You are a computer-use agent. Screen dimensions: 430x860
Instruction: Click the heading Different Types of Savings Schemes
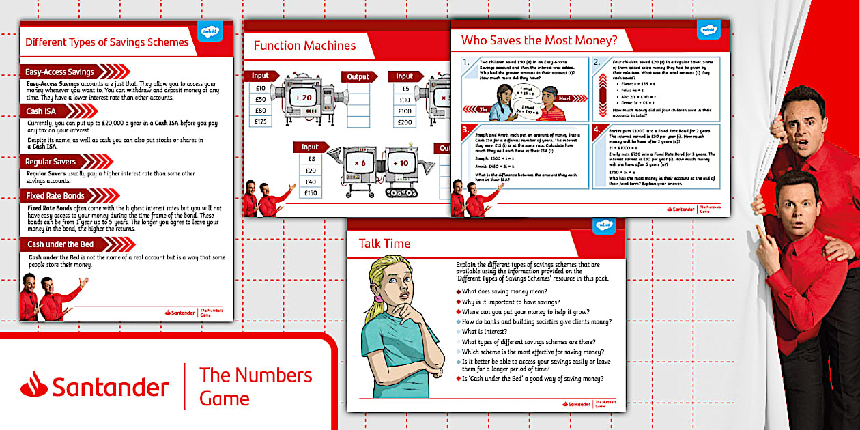(x=106, y=42)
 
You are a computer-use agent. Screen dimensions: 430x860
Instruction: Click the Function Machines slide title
(x=304, y=46)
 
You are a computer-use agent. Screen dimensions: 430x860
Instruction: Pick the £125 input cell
(x=261, y=122)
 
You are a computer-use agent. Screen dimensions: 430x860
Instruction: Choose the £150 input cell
(x=311, y=193)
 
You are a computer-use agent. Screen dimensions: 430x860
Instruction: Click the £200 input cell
(x=405, y=122)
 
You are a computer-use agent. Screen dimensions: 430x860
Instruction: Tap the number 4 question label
(x=597, y=130)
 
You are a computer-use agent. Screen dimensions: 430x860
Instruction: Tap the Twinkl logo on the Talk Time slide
(x=604, y=226)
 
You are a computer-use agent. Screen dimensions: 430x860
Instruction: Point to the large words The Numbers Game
(x=255, y=386)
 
